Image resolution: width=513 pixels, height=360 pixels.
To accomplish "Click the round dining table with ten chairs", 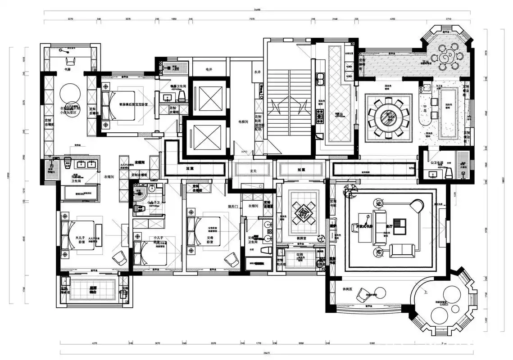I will point(388,118).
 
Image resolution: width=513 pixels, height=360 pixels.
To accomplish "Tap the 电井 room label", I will point(209,70).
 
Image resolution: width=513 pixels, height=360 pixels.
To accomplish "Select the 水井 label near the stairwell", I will point(257,72).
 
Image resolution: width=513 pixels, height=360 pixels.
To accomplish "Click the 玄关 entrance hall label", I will point(253,170).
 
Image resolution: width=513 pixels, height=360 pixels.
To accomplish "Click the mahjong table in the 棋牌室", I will point(302,212).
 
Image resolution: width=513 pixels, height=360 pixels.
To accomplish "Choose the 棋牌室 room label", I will point(302,238).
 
